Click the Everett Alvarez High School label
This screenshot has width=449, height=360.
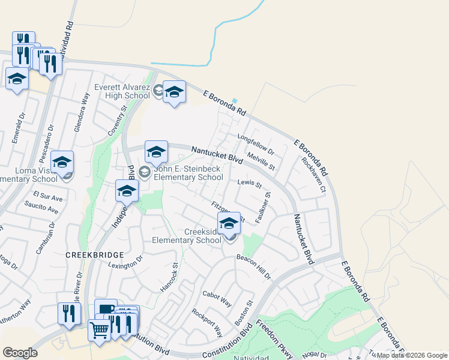click(122, 91)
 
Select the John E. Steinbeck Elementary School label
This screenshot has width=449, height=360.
click(188, 173)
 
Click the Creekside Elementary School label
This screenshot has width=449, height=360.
click(186, 236)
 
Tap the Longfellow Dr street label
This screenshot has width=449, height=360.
click(256, 143)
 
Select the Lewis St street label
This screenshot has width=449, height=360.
click(250, 183)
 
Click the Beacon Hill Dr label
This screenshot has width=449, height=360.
click(253, 267)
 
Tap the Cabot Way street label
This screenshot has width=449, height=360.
click(217, 298)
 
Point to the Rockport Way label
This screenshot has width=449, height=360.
click(207, 322)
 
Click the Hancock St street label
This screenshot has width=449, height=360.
click(169, 277)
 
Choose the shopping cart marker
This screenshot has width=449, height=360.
click(99, 328)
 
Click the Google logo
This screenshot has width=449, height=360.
click(20, 352)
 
